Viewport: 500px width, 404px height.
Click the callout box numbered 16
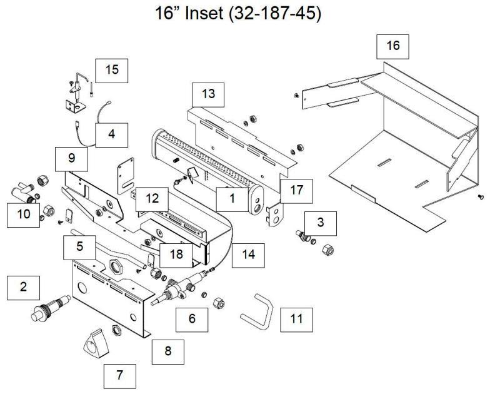(x=392, y=46)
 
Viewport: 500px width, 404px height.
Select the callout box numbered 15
(x=111, y=70)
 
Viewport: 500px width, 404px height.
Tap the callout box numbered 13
(x=207, y=94)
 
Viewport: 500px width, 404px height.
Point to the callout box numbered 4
(x=111, y=134)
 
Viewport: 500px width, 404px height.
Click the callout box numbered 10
(x=22, y=215)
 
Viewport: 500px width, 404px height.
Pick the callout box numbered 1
(x=232, y=199)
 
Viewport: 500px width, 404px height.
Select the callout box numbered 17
(x=296, y=190)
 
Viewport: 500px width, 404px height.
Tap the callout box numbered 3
(x=321, y=222)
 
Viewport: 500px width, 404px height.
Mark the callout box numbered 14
(x=248, y=255)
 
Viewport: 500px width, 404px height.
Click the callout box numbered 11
(x=296, y=319)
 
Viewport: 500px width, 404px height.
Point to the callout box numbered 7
(x=119, y=375)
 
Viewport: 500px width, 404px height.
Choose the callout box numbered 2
(x=23, y=287)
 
